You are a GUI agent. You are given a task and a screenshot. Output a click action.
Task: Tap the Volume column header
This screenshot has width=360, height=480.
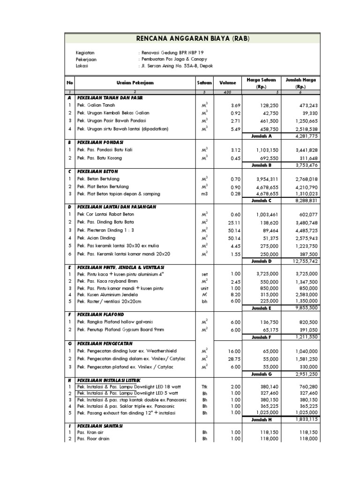[228, 82]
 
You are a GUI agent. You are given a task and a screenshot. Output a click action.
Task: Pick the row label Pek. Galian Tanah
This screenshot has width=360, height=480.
[94, 105]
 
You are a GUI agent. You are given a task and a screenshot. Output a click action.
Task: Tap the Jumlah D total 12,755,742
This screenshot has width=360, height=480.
[306, 261]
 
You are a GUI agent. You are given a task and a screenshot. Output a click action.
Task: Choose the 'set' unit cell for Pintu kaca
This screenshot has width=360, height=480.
[204, 274]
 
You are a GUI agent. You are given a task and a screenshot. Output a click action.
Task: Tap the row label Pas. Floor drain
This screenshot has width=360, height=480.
[92, 438]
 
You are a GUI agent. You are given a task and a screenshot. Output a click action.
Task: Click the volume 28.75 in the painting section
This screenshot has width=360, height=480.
[233, 359]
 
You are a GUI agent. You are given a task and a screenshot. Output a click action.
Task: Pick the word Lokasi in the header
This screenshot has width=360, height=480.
[82, 66]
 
